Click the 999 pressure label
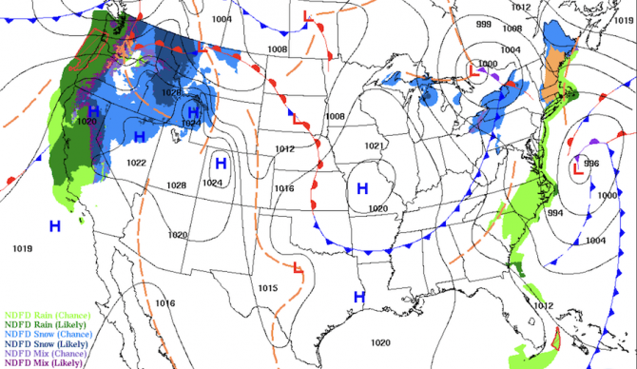click(484, 25)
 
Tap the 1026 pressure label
click(171, 92)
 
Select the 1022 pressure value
click(136, 164)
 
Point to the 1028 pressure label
click(177, 184)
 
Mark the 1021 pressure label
click(374, 146)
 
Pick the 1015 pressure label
click(267, 287)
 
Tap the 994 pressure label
click(556, 213)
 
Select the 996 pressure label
click(592, 163)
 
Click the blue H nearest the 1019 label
click(55, 225)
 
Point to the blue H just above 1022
click(140, 137)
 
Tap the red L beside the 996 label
click(577, 170)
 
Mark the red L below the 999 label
click(473, 69)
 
